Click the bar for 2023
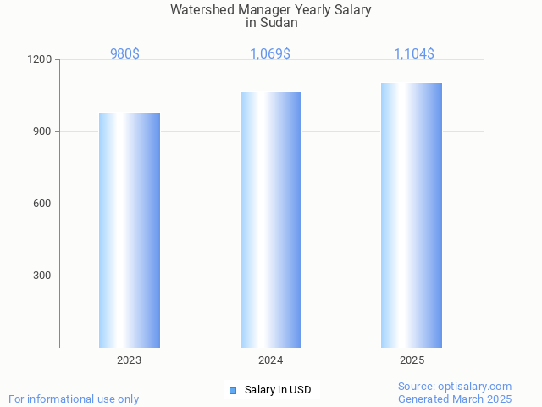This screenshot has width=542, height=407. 130,230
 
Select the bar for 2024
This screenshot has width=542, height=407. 271,220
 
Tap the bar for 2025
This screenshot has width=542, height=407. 412,215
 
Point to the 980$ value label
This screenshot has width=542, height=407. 124,54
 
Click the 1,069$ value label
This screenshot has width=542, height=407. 270,54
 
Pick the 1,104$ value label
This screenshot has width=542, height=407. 414,54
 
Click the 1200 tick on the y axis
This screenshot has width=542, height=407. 40,60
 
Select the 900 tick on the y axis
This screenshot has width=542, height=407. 42,132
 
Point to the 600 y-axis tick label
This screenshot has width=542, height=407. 42,204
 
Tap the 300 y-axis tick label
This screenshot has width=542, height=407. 42,276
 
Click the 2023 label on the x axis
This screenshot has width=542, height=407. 130,360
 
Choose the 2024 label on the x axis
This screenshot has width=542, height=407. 271,360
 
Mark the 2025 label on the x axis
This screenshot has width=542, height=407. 412,360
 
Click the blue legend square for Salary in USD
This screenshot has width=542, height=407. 233,390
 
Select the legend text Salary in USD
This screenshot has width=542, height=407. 278,390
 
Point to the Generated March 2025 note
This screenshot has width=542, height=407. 455,399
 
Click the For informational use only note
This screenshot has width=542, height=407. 74,399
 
